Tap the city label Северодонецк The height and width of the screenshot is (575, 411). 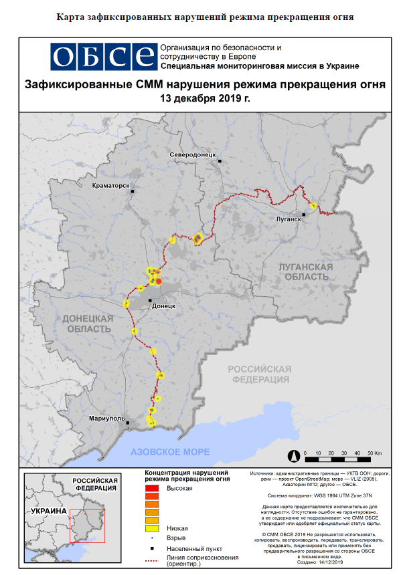click(x=193, y=154)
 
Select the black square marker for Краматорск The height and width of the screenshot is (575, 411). click(x=133, y=192)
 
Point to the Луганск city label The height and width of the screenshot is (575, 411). click(x=289, y=219)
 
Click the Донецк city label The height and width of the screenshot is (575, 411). click(x=164, y=306)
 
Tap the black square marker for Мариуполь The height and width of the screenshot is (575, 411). click(x=128, y=423)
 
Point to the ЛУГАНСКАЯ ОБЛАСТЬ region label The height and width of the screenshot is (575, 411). click(x=305, y=271)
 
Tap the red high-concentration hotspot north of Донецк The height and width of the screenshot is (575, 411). click(x=159, y=281)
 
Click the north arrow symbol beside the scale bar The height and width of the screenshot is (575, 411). click(x=293, y=457)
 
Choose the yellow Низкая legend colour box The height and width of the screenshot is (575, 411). click(x=152, y=528)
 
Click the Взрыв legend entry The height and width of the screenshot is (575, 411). click(x=175, y=538)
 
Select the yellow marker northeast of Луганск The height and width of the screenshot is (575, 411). click(x=313, y=205)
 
